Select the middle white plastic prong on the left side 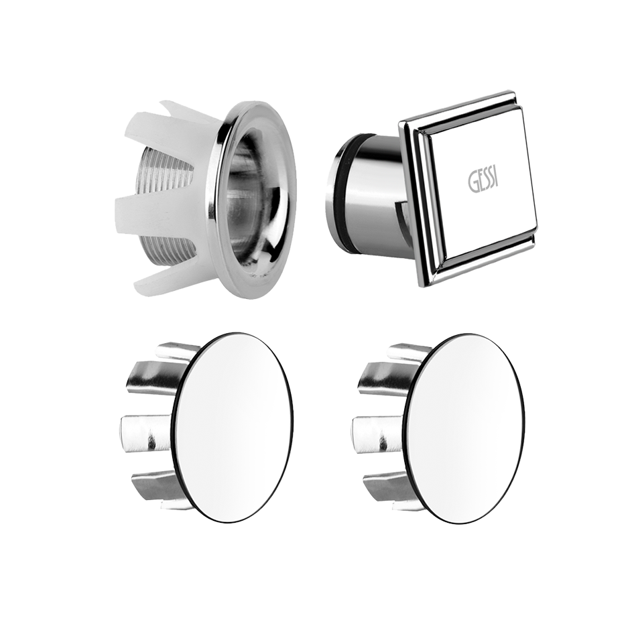tap(139, 209)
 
